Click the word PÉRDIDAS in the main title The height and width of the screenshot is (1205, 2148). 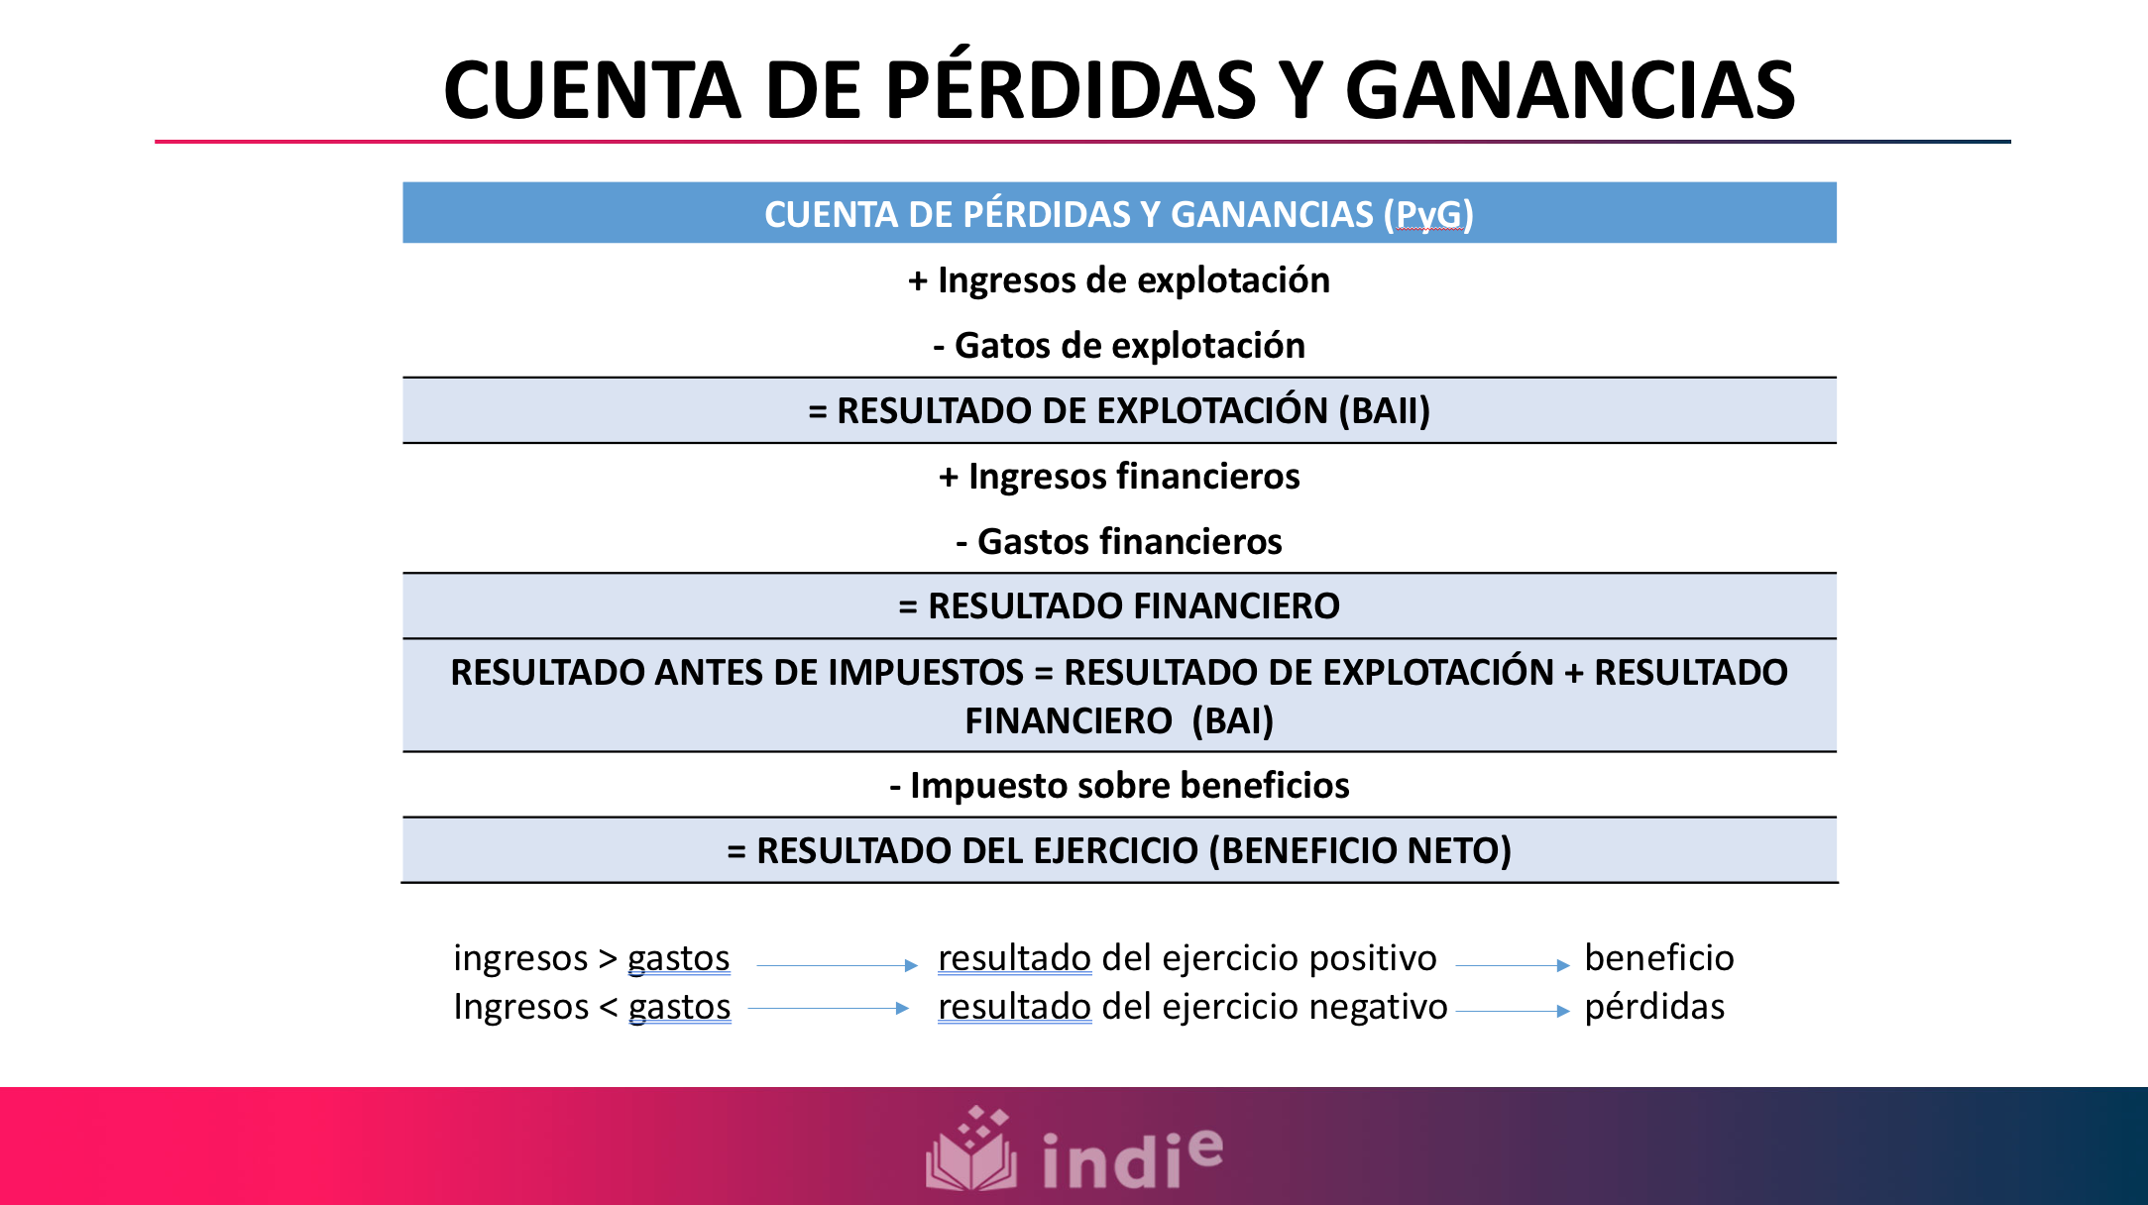(1070, 90)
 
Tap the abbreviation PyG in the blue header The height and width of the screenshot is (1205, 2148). (1428, 214)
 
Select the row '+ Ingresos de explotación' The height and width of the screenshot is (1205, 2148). (1119, 280)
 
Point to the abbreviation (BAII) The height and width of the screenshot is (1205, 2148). (1384, 410)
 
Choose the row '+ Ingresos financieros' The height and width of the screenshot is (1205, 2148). (1119, 477)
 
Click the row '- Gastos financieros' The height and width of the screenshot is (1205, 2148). (1119, 542)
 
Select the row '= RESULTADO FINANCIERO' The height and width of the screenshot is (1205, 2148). (1119, 606)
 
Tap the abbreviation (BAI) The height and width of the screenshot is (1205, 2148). (1232, 720)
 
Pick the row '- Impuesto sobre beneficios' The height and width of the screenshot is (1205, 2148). (1119, 786)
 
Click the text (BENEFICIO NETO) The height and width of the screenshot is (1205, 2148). (1360, 851)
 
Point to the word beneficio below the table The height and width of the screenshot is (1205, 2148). (1658, 958)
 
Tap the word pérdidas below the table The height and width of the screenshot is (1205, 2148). (1654, 1007)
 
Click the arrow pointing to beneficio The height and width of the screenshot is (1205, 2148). (1512, 964)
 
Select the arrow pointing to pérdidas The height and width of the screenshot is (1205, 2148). (1512, 1011)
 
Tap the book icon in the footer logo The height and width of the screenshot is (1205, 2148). (971, 1150)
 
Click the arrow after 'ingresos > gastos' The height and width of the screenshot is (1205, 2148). (837, 964)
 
